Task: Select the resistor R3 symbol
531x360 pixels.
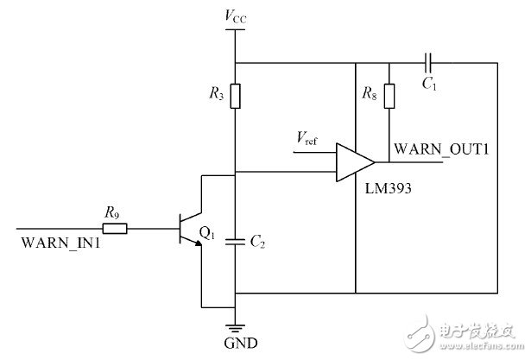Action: click(x=236, y=94)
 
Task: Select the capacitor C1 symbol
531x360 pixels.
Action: click(x=428, y=63)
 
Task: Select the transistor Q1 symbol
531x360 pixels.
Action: click(x=187, y=230)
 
